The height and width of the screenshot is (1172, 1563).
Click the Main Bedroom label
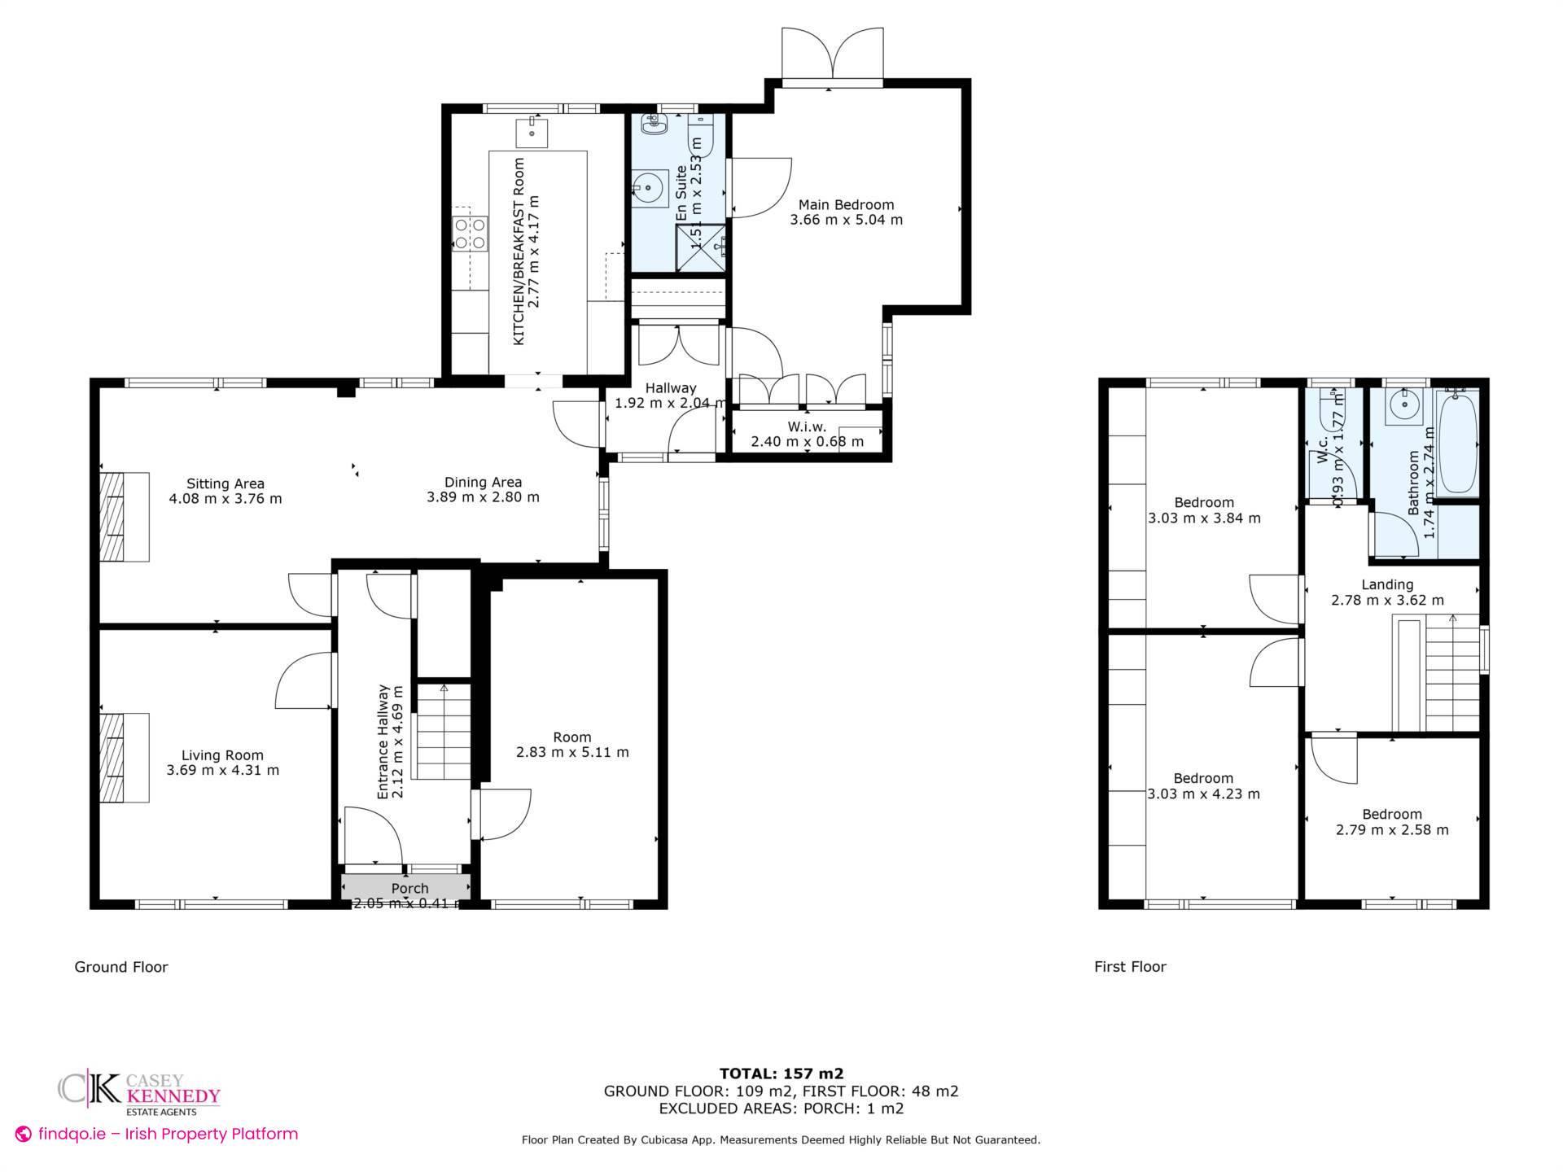(x=846, y=212)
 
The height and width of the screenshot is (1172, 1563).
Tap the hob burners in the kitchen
(x=471, y=234)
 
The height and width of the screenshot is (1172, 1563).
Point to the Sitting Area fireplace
(x=124, y=517)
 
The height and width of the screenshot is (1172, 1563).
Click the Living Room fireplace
(x=124, y=758)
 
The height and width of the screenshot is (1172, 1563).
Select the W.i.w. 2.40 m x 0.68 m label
(x=807, y=435)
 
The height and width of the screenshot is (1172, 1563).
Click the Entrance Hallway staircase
(x=444, y=732)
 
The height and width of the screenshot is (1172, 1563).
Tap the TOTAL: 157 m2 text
(x=781, y=1074)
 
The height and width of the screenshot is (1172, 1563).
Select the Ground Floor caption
(x=121, y=967)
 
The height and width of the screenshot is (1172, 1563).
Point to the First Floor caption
(x=1130, y=967)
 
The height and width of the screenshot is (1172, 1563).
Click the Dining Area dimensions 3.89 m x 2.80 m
(x=483, y=497)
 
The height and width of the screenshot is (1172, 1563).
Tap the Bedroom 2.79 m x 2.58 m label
(x=1392, y=822)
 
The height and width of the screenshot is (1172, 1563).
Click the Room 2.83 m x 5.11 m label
(x=572, y=745)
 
